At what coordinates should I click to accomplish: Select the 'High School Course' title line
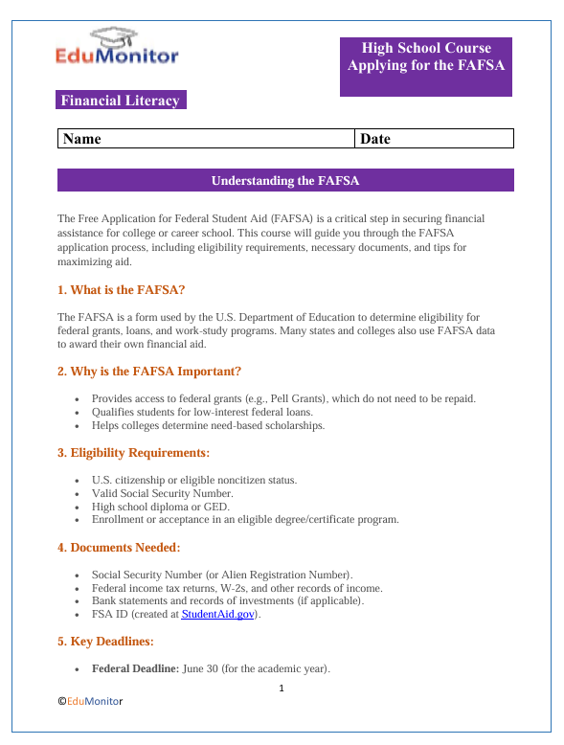[426, 48]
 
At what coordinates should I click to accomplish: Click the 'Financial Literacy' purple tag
[120, 101]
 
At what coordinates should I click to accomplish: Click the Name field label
[82, 139]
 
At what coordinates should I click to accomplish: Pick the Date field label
[375, 139]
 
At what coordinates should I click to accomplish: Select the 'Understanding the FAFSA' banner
[285, 180]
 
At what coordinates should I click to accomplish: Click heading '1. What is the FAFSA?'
[121, 289]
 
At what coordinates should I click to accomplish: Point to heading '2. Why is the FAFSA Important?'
[148, 371]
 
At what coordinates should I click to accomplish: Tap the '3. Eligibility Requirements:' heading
[134, 452]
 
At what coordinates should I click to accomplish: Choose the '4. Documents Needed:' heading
[119, 548]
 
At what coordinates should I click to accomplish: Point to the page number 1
[282, 688]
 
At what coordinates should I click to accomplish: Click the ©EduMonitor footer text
[91, 702]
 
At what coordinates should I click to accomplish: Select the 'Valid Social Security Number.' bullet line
[162, 493]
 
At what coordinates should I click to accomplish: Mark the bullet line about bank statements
[227, 600]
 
